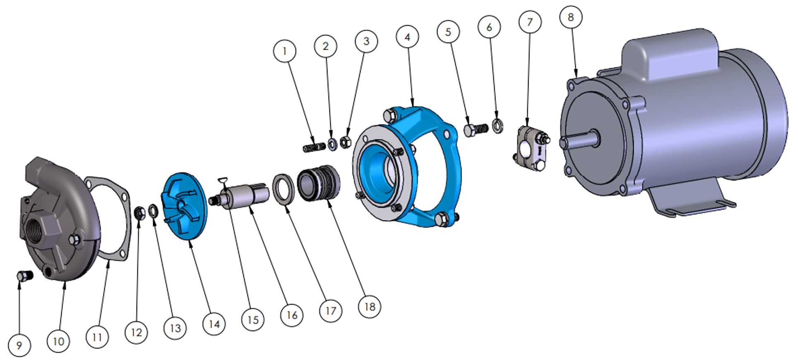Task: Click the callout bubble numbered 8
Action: pos(571,17)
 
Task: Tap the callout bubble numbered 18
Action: pos(369,307)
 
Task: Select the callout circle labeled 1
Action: pos(284,51)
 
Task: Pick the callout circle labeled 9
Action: pos(19,346)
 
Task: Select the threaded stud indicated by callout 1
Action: pos(314,147)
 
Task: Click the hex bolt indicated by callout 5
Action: pos(476,129)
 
